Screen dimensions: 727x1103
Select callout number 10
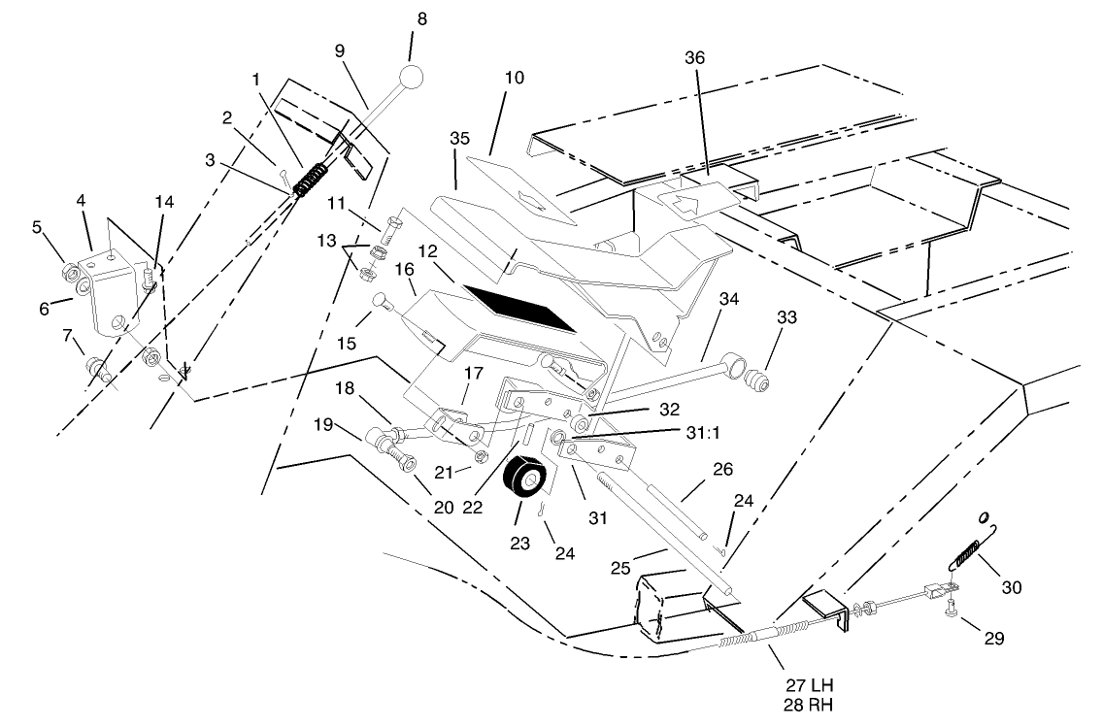coord(515,77)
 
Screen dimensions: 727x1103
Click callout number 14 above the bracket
coord(163,201)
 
